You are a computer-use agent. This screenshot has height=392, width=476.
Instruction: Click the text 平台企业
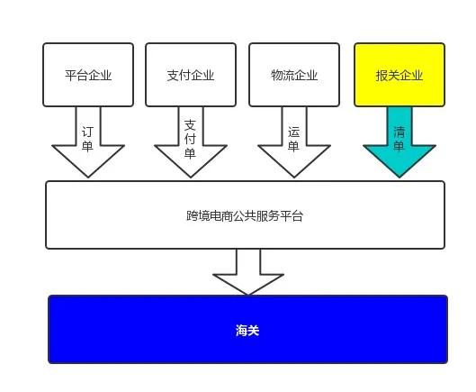(88, 75)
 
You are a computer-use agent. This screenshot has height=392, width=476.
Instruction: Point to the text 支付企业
(191, 75)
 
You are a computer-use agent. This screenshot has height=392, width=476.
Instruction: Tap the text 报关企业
(400, 75)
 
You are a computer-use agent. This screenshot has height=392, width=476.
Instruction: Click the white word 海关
(247, 331)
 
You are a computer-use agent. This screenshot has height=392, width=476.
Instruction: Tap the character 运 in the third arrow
(293, 132)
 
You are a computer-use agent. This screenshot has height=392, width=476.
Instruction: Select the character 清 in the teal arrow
(399, 132)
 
